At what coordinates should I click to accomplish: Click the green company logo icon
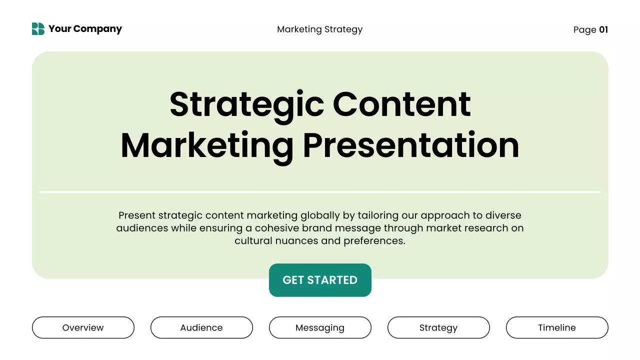pos(38,29)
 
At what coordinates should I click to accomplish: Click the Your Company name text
pos(85,29)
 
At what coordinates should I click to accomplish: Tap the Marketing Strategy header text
pos(319,29)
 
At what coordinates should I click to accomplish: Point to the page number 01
pos(603,29)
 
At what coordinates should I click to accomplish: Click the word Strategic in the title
pos(246,104)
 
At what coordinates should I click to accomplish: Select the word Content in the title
pos(401,104)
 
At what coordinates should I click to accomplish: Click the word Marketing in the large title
pos(206,145)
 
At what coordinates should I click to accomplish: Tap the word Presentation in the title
pos(411,145)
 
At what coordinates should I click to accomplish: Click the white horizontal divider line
pos(320,191)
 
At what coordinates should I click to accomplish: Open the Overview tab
pos(83,327)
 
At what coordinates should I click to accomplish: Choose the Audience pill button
pos(201,327)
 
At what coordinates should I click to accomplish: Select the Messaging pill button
pos(320,327)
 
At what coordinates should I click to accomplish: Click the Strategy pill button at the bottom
pos(438,327)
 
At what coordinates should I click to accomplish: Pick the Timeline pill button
pos(557,327)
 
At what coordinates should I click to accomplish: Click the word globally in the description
pos(320,216)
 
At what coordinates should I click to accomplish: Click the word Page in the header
pos(584,29)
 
